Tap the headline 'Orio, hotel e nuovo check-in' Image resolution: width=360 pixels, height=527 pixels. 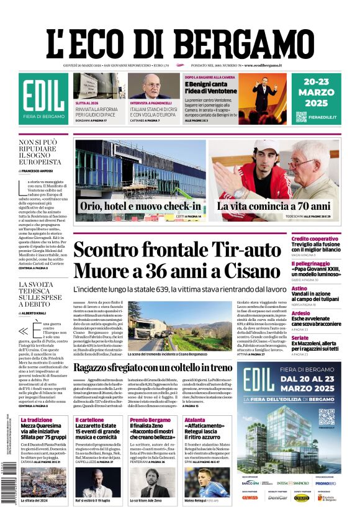coord(140,206)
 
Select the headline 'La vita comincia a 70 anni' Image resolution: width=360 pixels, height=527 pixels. coord(273,206)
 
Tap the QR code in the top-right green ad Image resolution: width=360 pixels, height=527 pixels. coord(301,117)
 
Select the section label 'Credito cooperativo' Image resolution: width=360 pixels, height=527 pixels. coord(332,239)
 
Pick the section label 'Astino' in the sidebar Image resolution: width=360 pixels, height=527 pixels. coord(317,288)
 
